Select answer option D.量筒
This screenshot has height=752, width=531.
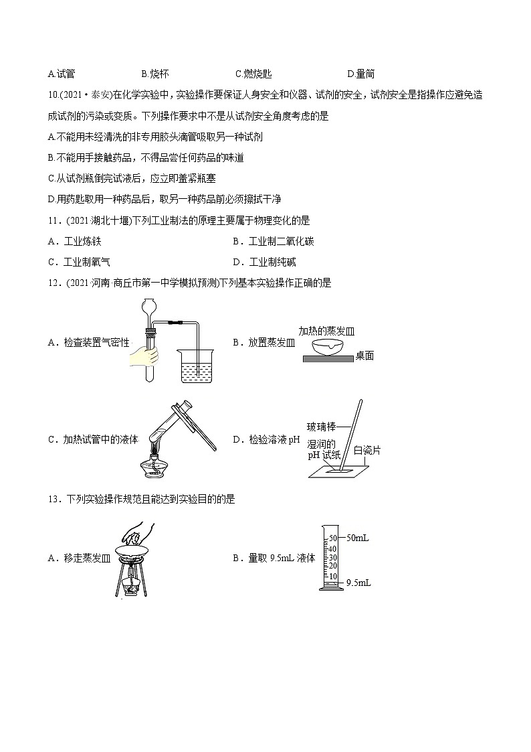pos(360,74)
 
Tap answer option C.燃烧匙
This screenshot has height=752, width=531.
pos(253,74)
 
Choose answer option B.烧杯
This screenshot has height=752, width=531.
pos(154,74)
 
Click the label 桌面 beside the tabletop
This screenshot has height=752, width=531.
pos(364,356)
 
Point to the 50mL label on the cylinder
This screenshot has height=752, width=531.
pos(358,537)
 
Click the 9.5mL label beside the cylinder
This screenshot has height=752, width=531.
pos(358,583)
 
